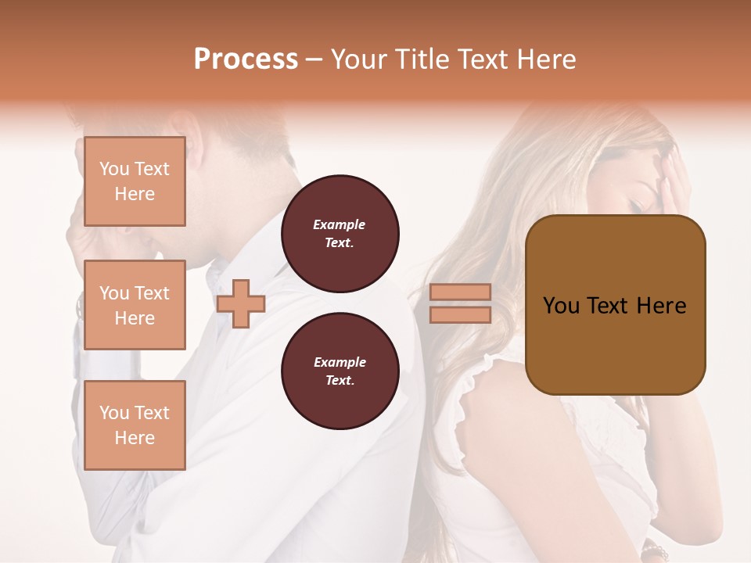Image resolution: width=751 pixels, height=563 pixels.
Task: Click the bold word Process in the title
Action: [x=246, y=59]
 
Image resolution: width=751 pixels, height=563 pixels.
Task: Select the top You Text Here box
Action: [x=135, y=181]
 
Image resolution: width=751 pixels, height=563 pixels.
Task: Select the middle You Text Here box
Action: [x=135, y=305]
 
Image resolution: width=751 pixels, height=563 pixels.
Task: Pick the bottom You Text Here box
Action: [x=135, y=425]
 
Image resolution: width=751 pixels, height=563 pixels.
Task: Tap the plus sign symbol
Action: [x=241, y=303]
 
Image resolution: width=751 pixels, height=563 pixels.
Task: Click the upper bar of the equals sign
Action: [x=460, y=292]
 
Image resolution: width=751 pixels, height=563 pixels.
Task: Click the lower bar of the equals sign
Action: [x=460, y=314]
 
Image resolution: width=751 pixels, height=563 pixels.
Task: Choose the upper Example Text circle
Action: [x=340, y=234]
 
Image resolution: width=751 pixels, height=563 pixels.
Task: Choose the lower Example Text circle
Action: [x=340, y=371]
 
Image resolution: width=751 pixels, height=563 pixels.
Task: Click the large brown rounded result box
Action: [x=615, y=305]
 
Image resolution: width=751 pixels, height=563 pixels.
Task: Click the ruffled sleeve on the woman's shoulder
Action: [x=477, y=383]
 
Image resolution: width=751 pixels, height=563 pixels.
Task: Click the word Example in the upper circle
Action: [x=340, y=225]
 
